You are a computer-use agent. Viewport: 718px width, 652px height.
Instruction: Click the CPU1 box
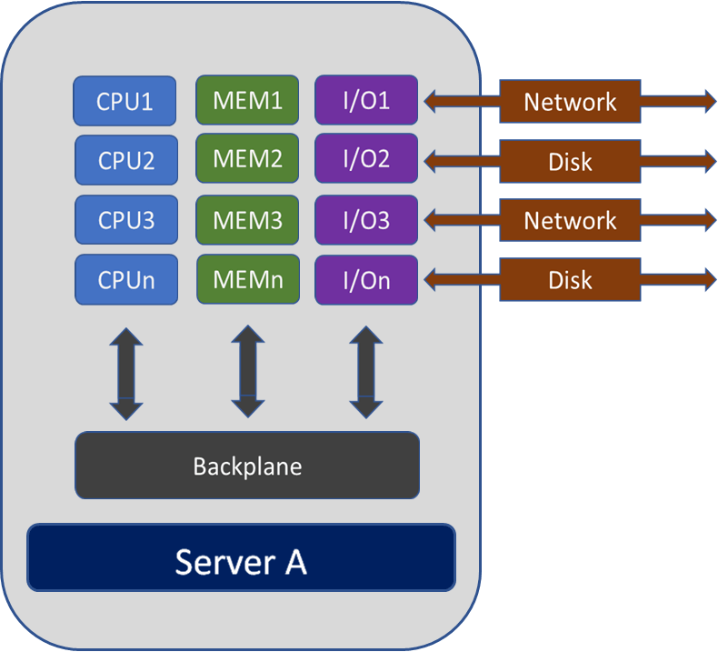coord(125,101)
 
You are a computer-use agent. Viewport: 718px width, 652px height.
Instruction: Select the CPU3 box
coord(125,220)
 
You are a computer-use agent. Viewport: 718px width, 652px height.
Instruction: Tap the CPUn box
coord(125,280)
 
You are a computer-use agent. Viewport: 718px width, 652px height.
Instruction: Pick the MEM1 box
coord(247,100)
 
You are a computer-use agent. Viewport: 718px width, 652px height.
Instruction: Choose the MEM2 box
coord(247,159)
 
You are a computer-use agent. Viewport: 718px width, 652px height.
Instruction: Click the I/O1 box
coord(366,100)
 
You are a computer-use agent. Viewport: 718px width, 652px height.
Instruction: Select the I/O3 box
coord(366,220)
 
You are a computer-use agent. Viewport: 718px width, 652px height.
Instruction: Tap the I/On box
coord(366,279)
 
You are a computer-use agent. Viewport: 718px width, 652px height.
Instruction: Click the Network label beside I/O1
coord(570,102)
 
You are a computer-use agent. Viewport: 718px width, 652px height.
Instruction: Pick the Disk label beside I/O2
coord(570,162)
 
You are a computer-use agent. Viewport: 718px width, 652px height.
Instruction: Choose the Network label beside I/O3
coord(570,220)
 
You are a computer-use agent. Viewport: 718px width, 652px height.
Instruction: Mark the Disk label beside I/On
coord(570,279)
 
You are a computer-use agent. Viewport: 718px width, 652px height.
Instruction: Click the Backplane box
coord(247,466)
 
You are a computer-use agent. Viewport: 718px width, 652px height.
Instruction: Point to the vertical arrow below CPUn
coord(126,374)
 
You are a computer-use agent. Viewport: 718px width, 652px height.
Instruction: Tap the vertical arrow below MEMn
coord(247,373)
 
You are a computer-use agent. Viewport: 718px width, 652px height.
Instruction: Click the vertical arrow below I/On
coord(365,373)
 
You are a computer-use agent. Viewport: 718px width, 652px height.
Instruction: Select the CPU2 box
coord(126,160)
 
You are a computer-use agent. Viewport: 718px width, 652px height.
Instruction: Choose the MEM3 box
coord(247,220)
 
